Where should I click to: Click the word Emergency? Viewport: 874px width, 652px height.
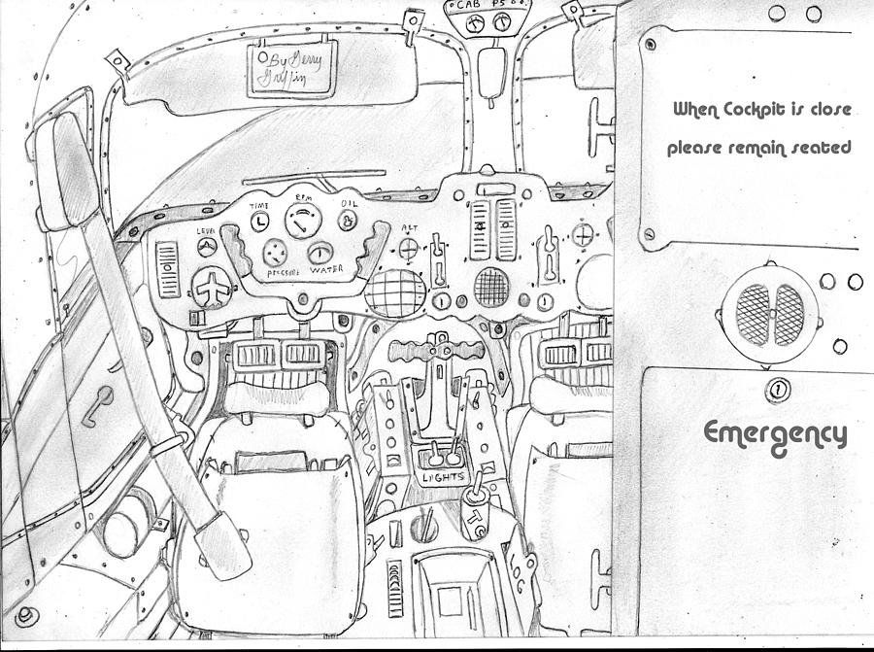tap(774, 433)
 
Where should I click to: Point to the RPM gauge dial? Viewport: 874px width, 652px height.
tap(303, 222)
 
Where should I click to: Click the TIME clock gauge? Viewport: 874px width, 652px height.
tap(259, 223)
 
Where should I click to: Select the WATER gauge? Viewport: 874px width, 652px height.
tap(319, 255)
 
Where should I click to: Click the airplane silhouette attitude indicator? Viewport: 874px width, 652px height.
tap(211, 289)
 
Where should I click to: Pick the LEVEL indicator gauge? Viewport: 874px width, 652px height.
tap(206, 248)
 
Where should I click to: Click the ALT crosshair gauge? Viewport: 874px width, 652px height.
tap(408, 249)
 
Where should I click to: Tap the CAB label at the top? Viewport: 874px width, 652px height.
tap(467, 6)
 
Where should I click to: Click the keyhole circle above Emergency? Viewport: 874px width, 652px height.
tap(776, 391)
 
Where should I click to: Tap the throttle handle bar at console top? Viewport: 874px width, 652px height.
tap(435, 349)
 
